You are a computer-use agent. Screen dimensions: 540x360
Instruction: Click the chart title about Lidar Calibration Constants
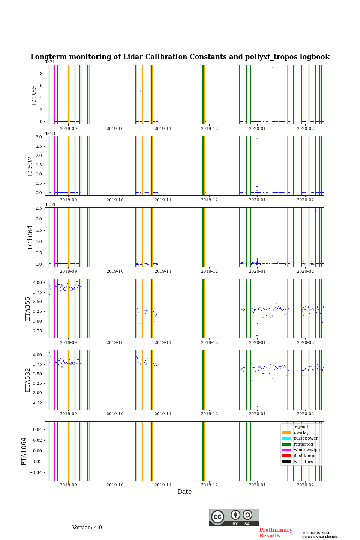coord(180,57)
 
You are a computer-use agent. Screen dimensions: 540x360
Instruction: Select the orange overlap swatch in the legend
coord(286,432)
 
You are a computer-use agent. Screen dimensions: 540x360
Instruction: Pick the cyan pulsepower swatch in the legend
coord(286,438)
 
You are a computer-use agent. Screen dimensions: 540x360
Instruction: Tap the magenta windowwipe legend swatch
coord(286,450)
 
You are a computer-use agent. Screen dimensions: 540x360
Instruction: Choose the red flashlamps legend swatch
coord(286,456)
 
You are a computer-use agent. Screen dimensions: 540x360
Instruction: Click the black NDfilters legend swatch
coord(286,462)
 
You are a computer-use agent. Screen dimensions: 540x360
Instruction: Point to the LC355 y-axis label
coord(34,94)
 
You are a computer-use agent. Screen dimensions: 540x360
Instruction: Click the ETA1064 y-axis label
coord(24,451)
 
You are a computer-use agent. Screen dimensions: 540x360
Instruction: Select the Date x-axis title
coord(184,492)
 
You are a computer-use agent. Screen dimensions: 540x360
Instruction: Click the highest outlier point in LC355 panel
coord(273,67)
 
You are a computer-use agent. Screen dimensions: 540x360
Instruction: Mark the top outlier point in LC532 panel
coord(257,139)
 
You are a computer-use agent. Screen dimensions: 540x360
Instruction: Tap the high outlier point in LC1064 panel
coord(316,210)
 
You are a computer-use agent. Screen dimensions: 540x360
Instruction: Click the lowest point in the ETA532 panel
coord(257,406)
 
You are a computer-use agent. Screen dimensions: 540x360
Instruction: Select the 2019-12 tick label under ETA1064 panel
coord(209,485)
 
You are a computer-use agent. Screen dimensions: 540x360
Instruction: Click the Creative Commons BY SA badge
coord(234,517)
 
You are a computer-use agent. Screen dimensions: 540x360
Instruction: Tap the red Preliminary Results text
coord(276,533)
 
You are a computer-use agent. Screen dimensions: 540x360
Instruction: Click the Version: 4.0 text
coord(87,528)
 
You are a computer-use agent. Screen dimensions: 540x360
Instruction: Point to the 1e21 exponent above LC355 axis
coord(50,62)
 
